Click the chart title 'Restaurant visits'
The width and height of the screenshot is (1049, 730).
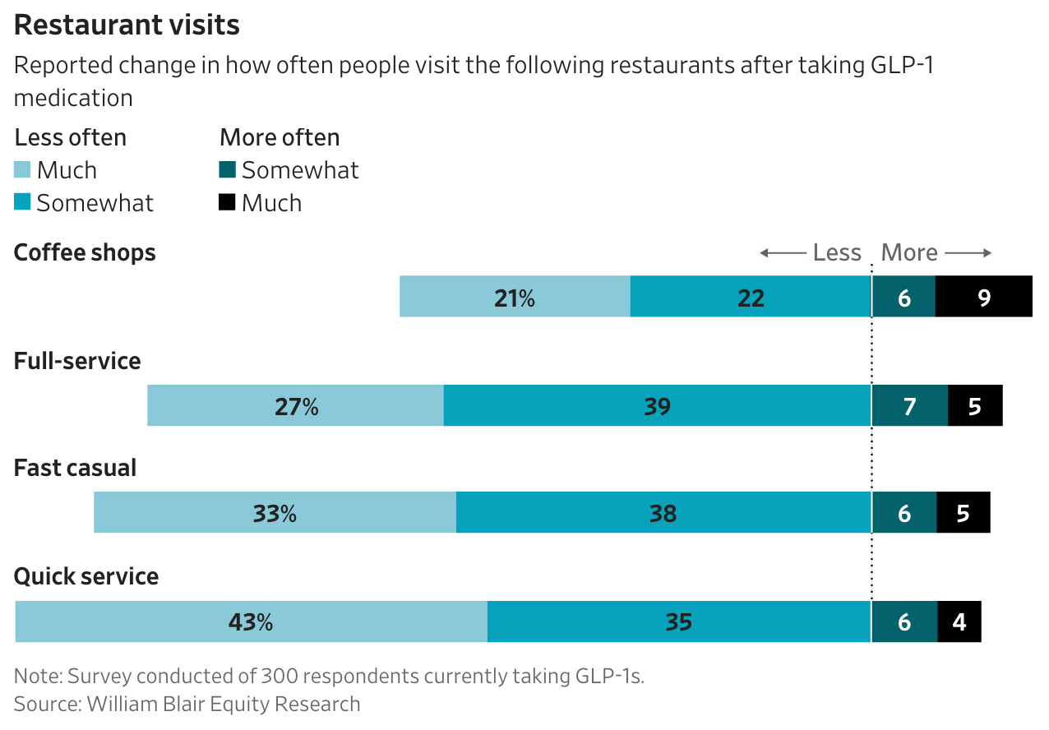click(x=127, y=25)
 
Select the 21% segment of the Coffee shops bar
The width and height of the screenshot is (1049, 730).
click(x=515, y=297)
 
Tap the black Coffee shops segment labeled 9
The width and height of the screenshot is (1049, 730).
click(x=984, y=297)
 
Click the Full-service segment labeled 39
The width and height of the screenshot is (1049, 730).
click(x=658, y=405)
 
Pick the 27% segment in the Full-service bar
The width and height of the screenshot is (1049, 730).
click(x=295, y=405)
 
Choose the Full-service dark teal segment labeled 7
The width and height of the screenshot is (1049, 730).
click(x=910, y=405)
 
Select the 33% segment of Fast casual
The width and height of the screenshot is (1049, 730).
click(x=275, y=512)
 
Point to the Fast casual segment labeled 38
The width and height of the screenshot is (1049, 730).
click(x=663, y=512)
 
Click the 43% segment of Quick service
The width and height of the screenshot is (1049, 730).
click(x=252, y=621)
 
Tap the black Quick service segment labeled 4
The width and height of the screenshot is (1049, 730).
click(x=959, y=621)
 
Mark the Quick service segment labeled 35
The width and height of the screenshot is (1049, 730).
click(x=679, y=621)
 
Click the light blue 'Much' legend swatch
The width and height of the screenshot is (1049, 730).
click(x=22, y=169)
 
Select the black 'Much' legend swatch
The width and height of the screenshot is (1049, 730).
click(x=227, y=202)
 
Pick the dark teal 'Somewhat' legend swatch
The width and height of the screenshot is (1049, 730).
click(x=227, y=169)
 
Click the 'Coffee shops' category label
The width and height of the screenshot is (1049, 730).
click(x=85, y=253)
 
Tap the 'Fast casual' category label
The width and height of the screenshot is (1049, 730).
click(x=76, y=468)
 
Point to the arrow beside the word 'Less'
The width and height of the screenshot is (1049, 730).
click(x=783, y=253)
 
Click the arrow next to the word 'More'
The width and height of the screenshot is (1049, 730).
click(x=968, y=253)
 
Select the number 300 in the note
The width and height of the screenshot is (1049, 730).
click(x=281, y=676)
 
